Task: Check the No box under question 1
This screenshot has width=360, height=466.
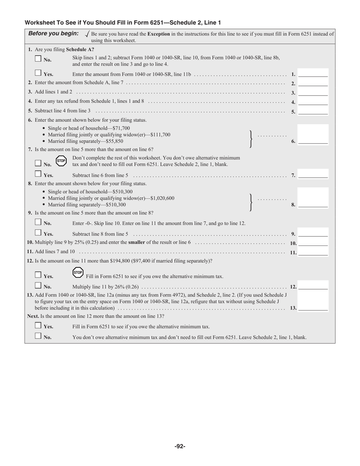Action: pyautogui.click(x=38, y=59)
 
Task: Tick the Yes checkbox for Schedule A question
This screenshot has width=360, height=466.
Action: pyautogui.click(x=38, y=73)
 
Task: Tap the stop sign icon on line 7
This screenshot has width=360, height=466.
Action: pyautogui.click(x=61, y=161)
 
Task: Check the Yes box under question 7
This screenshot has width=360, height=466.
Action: pyautogui.click(x=38, y=174)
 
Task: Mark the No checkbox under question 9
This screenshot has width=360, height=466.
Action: pyautogui.click(x=38, y=222)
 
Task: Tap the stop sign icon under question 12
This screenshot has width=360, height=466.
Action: pyautogui.click(x=78, y=272)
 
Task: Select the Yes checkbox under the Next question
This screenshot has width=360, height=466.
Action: pyautogui.click(x=38, y=325)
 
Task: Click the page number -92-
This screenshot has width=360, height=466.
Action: pyautogui.click(x=180, y=446)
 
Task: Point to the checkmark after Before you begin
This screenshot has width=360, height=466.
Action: pyautogui.click(x=87, y=34)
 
